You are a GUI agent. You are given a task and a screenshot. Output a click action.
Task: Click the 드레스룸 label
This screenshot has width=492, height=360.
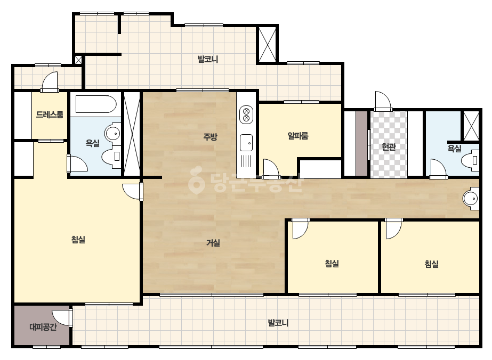50,114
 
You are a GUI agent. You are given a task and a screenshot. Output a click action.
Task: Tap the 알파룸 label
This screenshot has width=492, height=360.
298,135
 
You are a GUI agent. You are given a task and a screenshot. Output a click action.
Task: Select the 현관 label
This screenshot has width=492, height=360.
389,146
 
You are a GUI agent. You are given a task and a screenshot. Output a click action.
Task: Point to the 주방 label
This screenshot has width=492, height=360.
210,136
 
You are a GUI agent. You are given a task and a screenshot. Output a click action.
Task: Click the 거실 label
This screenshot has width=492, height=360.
213,242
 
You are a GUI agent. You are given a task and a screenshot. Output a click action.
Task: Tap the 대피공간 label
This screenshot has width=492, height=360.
43,327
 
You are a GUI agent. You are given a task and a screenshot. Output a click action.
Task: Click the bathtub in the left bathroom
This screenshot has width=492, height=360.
96,104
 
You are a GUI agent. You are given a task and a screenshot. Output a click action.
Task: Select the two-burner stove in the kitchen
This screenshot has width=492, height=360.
246,115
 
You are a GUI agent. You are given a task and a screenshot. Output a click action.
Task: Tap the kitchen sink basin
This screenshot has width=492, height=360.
246,143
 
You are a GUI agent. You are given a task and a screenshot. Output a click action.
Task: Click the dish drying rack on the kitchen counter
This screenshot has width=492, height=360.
246,161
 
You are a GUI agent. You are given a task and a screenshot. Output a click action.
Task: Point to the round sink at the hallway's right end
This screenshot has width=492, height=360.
471,199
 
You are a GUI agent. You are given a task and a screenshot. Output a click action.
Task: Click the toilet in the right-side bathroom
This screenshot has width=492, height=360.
470,160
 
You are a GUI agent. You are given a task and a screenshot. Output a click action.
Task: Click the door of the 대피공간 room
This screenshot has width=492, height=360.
62,318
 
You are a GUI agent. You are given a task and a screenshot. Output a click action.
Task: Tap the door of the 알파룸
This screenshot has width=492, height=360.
271,168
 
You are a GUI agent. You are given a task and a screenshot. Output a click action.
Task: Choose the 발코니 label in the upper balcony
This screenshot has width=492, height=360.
208,59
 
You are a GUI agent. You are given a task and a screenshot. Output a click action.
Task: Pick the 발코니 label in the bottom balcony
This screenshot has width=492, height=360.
278,322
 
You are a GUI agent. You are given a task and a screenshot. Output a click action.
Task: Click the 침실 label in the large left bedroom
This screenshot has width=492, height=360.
78,240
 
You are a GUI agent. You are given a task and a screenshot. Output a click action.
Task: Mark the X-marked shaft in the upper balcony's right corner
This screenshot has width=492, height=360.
268,45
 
